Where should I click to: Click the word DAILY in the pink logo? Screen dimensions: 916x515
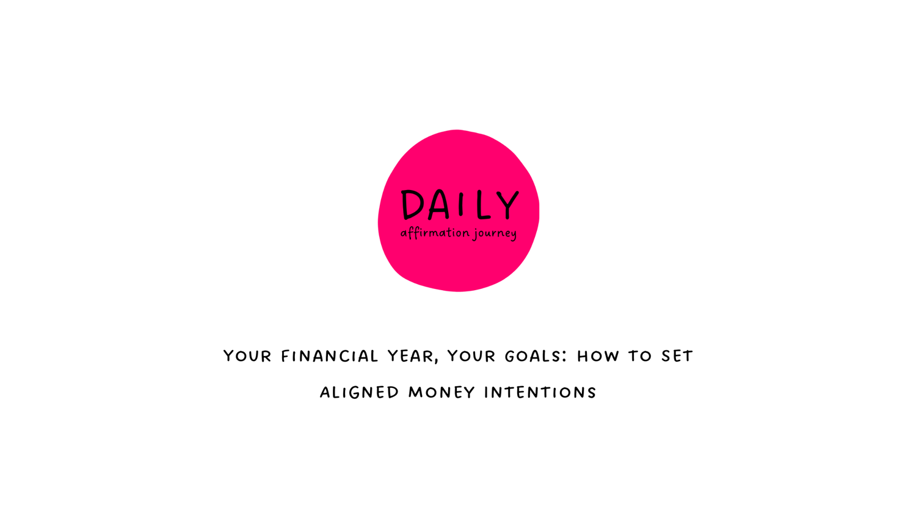(460, 205)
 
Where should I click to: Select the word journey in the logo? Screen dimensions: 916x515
(495, 234)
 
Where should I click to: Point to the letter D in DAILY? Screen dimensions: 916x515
(412, 205)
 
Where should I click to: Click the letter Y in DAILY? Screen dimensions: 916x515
(508, 205)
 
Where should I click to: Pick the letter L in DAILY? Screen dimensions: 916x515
(484, 205)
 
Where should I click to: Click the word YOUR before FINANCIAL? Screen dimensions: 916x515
(247, 356)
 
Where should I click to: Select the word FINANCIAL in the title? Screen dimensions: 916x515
(330, 356)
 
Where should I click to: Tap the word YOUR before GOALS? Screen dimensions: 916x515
(471, 356)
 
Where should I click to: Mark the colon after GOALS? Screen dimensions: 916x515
(565, 357)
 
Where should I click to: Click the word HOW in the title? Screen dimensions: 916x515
(598, 356)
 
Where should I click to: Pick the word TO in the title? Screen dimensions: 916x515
(640, 356)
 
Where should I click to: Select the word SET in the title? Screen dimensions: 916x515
(678, 356)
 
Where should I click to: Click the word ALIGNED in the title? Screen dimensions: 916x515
(359, 393)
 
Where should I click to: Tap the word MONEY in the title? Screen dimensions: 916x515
(442, 393)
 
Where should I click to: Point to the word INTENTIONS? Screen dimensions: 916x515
(540, 393)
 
